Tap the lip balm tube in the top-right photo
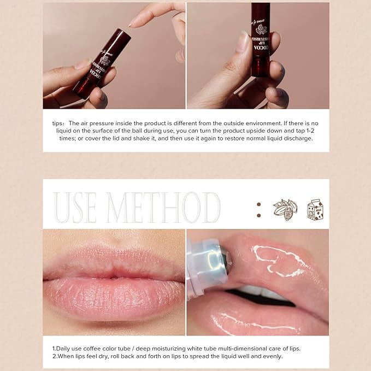click(260, 44)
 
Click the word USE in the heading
click(76, 208)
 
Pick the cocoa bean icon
click(285, 210)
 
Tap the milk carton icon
click(315, 209)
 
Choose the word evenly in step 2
click(272, 356)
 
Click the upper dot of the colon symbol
click(258, 204)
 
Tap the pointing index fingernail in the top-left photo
click(132, 22)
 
